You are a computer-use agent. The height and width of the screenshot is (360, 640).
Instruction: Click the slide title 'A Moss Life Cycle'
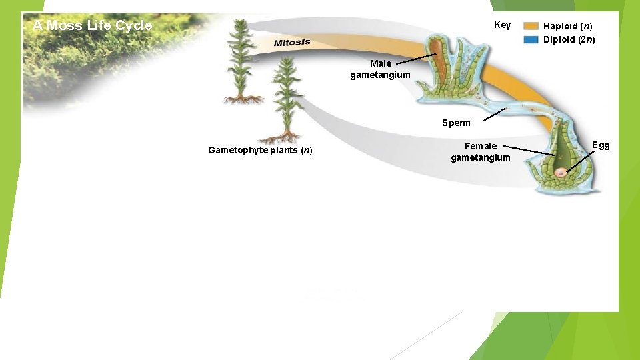(93, 26)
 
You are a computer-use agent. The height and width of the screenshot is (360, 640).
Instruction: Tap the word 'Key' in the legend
(502, 25)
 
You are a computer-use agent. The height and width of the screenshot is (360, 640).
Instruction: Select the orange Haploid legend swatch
(531, 26)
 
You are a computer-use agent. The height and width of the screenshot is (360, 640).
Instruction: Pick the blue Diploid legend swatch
(531, 39)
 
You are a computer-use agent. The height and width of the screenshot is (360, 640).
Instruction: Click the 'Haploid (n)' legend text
(567, 26)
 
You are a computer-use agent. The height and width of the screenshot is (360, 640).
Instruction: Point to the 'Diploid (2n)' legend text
(569, 39)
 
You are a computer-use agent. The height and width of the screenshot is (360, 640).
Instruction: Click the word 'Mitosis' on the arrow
(292, 43)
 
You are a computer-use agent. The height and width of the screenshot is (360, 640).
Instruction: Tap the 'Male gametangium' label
(381, 69)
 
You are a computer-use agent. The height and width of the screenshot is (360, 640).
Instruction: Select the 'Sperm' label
(456, 123)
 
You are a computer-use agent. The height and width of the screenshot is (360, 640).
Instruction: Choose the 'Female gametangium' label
(481, 151)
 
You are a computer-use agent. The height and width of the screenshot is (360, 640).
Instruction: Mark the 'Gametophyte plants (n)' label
(260, 150)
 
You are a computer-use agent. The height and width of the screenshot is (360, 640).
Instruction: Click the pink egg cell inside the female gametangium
(562, 173)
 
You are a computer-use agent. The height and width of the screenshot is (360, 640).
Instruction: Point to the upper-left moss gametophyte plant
(241, 57)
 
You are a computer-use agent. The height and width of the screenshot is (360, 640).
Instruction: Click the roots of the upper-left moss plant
(243, 99)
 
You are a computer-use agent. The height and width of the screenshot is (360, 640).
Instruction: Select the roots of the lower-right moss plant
(280, 138)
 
